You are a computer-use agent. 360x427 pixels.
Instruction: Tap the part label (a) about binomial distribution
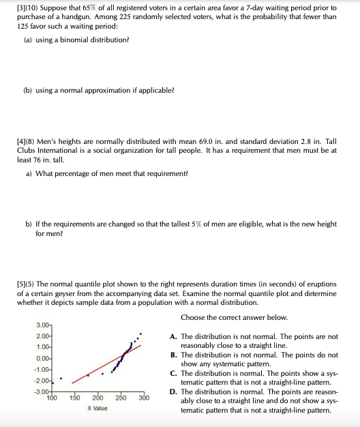pyautogui.click(x=29, y=40)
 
